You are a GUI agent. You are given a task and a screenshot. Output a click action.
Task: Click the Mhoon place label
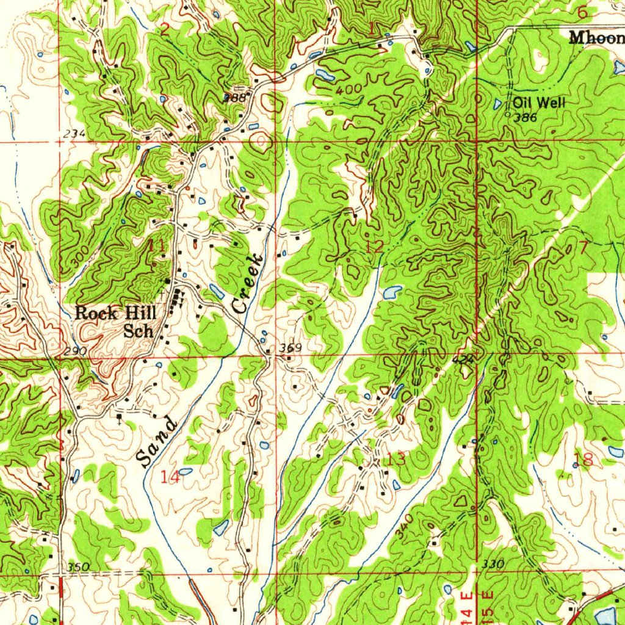point(597,38)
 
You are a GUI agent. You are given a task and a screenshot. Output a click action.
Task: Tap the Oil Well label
point(538,103)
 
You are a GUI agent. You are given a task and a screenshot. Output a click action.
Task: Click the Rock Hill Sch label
point(116,322)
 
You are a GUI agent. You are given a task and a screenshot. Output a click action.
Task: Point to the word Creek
point(249,285)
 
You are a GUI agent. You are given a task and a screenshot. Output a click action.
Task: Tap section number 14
point(170,477)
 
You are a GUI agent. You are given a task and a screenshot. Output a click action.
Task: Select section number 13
point(396,459)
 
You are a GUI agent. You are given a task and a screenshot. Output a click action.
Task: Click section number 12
point(375,247)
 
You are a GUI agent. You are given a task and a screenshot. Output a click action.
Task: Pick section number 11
point(156,247)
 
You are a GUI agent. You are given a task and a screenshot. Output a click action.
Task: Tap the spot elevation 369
point(291,348)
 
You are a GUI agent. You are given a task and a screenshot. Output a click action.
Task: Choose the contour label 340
point(400,528)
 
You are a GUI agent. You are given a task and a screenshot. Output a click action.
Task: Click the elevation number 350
point(78,568)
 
